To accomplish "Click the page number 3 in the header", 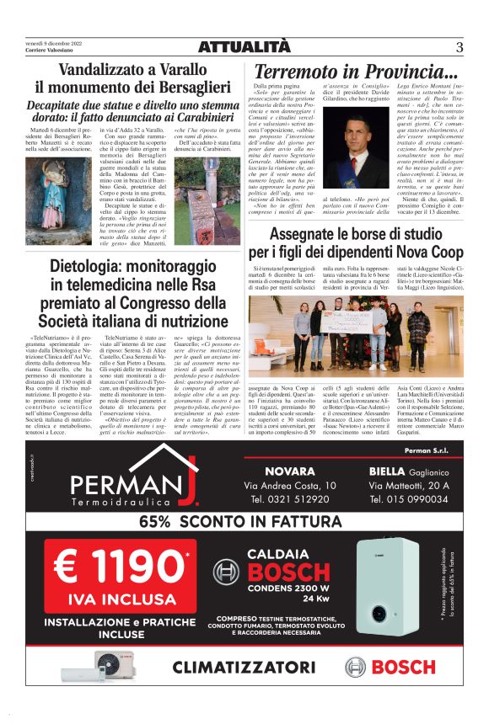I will click(x=459, y=47).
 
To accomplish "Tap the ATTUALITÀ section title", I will click(x=244, y=47).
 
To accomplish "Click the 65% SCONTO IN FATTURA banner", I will click(x=244, y=521).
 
